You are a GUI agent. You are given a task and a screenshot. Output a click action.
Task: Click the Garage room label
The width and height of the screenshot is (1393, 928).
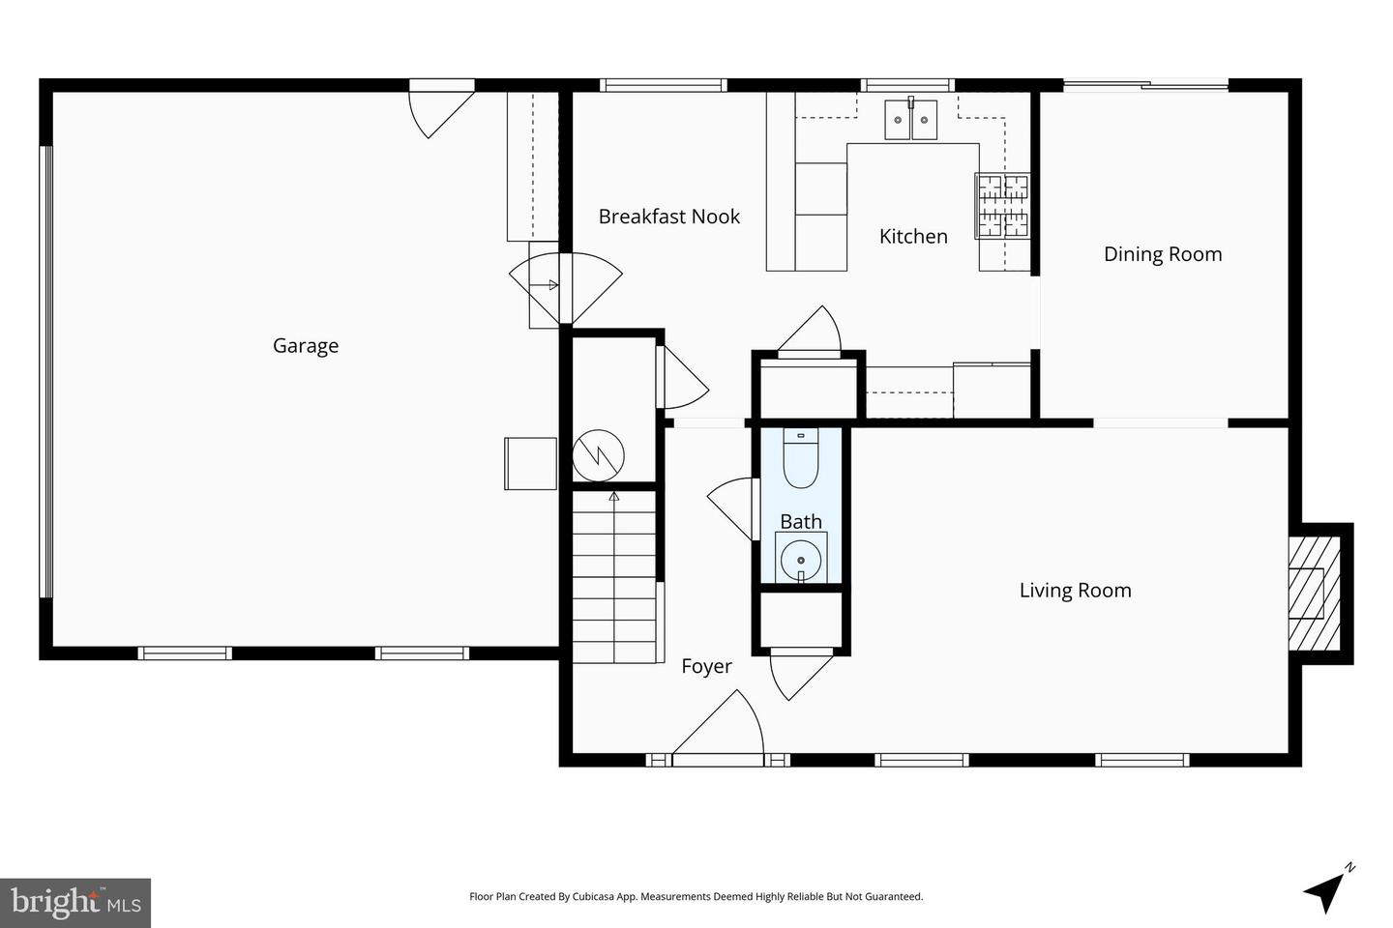(306, 346)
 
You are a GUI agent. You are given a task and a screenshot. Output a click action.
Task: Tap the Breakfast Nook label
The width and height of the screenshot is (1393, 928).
(669, 217)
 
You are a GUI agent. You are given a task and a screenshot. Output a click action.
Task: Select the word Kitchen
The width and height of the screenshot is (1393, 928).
(913, 236)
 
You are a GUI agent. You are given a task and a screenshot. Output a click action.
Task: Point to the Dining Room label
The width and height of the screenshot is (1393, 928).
(1163, 254)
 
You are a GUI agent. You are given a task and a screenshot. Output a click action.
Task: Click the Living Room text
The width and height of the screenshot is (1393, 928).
(1076, 590)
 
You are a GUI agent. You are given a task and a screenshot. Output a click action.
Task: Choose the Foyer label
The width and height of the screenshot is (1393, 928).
(706, 666)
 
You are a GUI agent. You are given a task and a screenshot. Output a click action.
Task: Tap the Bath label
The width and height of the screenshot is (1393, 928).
(801, 521)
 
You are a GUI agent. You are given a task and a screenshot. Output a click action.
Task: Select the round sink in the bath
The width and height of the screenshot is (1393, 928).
(801, 559)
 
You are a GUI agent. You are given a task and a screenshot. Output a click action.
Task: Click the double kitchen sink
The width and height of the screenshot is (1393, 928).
(911, 119)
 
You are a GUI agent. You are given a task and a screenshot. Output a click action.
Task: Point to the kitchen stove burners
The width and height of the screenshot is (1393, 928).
(1002, 205)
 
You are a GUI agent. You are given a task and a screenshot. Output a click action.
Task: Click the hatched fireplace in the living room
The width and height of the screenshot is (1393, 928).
(1314, 593)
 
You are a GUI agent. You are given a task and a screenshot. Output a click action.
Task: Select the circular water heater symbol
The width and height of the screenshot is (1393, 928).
(598, 455)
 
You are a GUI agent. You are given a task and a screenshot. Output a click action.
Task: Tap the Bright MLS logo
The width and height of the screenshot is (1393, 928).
(75, 903)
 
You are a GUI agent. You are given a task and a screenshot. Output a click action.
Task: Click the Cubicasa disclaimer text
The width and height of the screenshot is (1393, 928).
(696, 896)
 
